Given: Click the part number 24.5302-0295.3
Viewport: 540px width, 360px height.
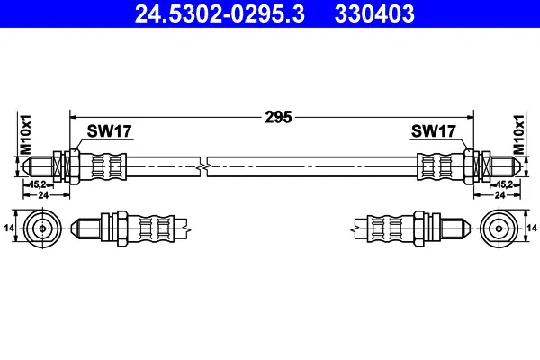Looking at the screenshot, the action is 220,13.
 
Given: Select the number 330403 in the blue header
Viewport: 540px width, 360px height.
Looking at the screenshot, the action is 374,13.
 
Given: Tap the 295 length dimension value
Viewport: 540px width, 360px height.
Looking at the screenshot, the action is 278,117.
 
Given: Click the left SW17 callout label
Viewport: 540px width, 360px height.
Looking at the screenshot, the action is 109,131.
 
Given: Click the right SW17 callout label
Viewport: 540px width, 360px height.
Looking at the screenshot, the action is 434,131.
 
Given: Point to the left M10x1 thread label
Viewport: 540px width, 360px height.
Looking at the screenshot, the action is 26,135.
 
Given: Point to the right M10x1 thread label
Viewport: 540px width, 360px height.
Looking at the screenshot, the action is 519,135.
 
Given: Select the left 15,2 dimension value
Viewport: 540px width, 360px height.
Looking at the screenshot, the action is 38,184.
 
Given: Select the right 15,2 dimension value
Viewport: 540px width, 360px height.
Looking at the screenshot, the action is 505,184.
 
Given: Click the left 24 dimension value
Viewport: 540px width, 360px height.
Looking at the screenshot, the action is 43,195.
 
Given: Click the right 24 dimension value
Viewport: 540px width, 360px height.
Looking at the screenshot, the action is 499,195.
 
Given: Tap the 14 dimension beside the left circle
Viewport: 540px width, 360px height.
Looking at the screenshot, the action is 9,228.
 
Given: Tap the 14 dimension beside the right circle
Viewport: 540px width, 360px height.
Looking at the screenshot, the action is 532,228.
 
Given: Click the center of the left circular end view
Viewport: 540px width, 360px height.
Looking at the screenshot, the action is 42,229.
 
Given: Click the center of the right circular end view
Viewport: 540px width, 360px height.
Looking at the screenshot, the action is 499,229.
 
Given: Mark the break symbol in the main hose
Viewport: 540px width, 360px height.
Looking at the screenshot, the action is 203,167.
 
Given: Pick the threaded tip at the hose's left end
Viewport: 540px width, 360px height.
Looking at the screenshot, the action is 38,166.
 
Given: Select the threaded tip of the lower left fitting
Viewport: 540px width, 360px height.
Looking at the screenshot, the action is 86,229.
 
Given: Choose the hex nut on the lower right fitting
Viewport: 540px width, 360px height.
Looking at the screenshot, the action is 418,229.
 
